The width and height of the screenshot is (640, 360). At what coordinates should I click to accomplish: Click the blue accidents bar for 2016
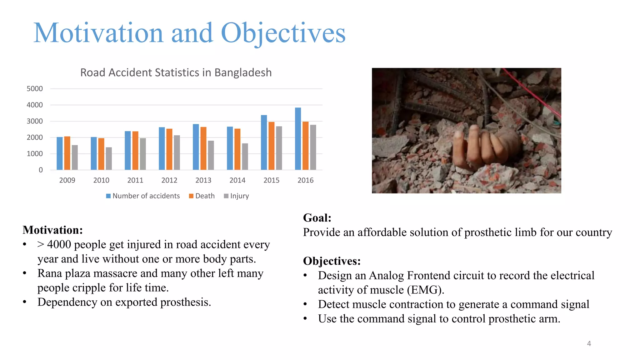tap(298, 139)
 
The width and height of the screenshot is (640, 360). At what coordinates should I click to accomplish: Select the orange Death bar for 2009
tap(67, 153)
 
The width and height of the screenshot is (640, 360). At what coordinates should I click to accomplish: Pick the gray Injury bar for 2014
tap(245, 157)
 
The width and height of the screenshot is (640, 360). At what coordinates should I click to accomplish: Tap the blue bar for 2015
tap(264, 142)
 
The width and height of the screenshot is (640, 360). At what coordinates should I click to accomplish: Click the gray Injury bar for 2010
tap(109, 159)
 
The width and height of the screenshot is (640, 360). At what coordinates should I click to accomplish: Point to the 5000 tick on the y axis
tap(35, 89)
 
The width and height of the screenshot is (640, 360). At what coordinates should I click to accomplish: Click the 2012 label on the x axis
tap(169, 180)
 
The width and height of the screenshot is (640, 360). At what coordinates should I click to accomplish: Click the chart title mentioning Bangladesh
tap(176, 72)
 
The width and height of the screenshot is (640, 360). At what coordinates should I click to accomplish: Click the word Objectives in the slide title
tap(283, 33)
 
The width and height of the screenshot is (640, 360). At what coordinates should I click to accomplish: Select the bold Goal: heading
tap(317, 217)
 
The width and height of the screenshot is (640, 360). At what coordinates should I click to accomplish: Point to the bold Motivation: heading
tap(53, 230)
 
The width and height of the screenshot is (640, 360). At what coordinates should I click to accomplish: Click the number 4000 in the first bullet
tap(59, 244)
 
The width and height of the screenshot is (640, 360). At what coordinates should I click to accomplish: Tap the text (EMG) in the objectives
tap(425, 290)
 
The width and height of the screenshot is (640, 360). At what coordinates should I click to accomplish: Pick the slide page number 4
tap(589, 343)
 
